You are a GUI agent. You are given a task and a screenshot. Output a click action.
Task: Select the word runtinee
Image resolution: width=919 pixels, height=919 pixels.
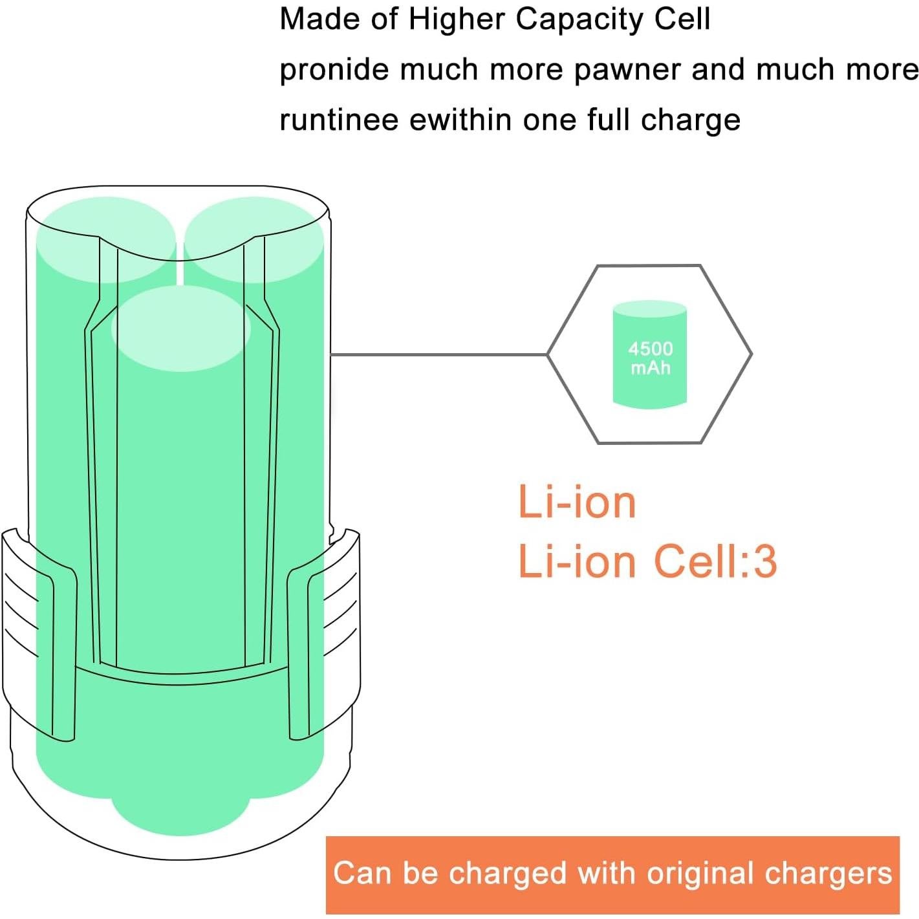pos(339,119)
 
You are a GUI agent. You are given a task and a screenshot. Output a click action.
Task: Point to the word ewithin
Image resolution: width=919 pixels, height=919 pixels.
pos(461,119)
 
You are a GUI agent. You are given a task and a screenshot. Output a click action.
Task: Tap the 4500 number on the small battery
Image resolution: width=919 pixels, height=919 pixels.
pos(651,349)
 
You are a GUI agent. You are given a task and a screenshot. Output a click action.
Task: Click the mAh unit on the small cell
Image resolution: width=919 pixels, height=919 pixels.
pos(651,368)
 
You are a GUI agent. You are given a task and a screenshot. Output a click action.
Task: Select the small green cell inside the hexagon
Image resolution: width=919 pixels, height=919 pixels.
pos(649,354)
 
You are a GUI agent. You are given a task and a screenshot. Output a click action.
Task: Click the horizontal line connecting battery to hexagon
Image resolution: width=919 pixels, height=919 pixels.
pos(438,354)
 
